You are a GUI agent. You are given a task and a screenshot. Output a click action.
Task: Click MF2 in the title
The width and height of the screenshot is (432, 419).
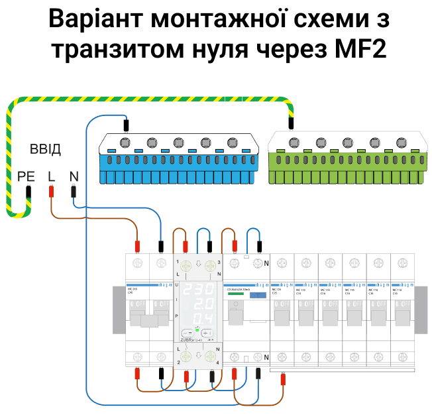coord(357,50)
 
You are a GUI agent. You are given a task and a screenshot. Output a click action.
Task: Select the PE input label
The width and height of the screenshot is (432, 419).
coord(26,176)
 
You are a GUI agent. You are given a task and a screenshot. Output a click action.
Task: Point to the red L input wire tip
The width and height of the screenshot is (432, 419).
coord(52,192)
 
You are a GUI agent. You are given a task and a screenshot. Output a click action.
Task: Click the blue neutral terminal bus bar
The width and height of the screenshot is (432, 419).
coord(178,159)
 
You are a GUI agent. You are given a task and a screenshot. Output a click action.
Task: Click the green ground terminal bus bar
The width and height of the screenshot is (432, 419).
coord(347,159)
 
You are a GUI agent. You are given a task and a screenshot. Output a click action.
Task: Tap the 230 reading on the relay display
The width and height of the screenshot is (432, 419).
coord(197,291)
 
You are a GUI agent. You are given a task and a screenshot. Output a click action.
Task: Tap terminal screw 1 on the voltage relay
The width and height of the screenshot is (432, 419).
coord(186,267)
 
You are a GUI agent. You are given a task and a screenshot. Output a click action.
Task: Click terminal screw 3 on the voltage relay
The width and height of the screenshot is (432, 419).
coord(210,267)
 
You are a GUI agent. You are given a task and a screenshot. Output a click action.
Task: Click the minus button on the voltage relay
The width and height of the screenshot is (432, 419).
coord(188,332)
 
